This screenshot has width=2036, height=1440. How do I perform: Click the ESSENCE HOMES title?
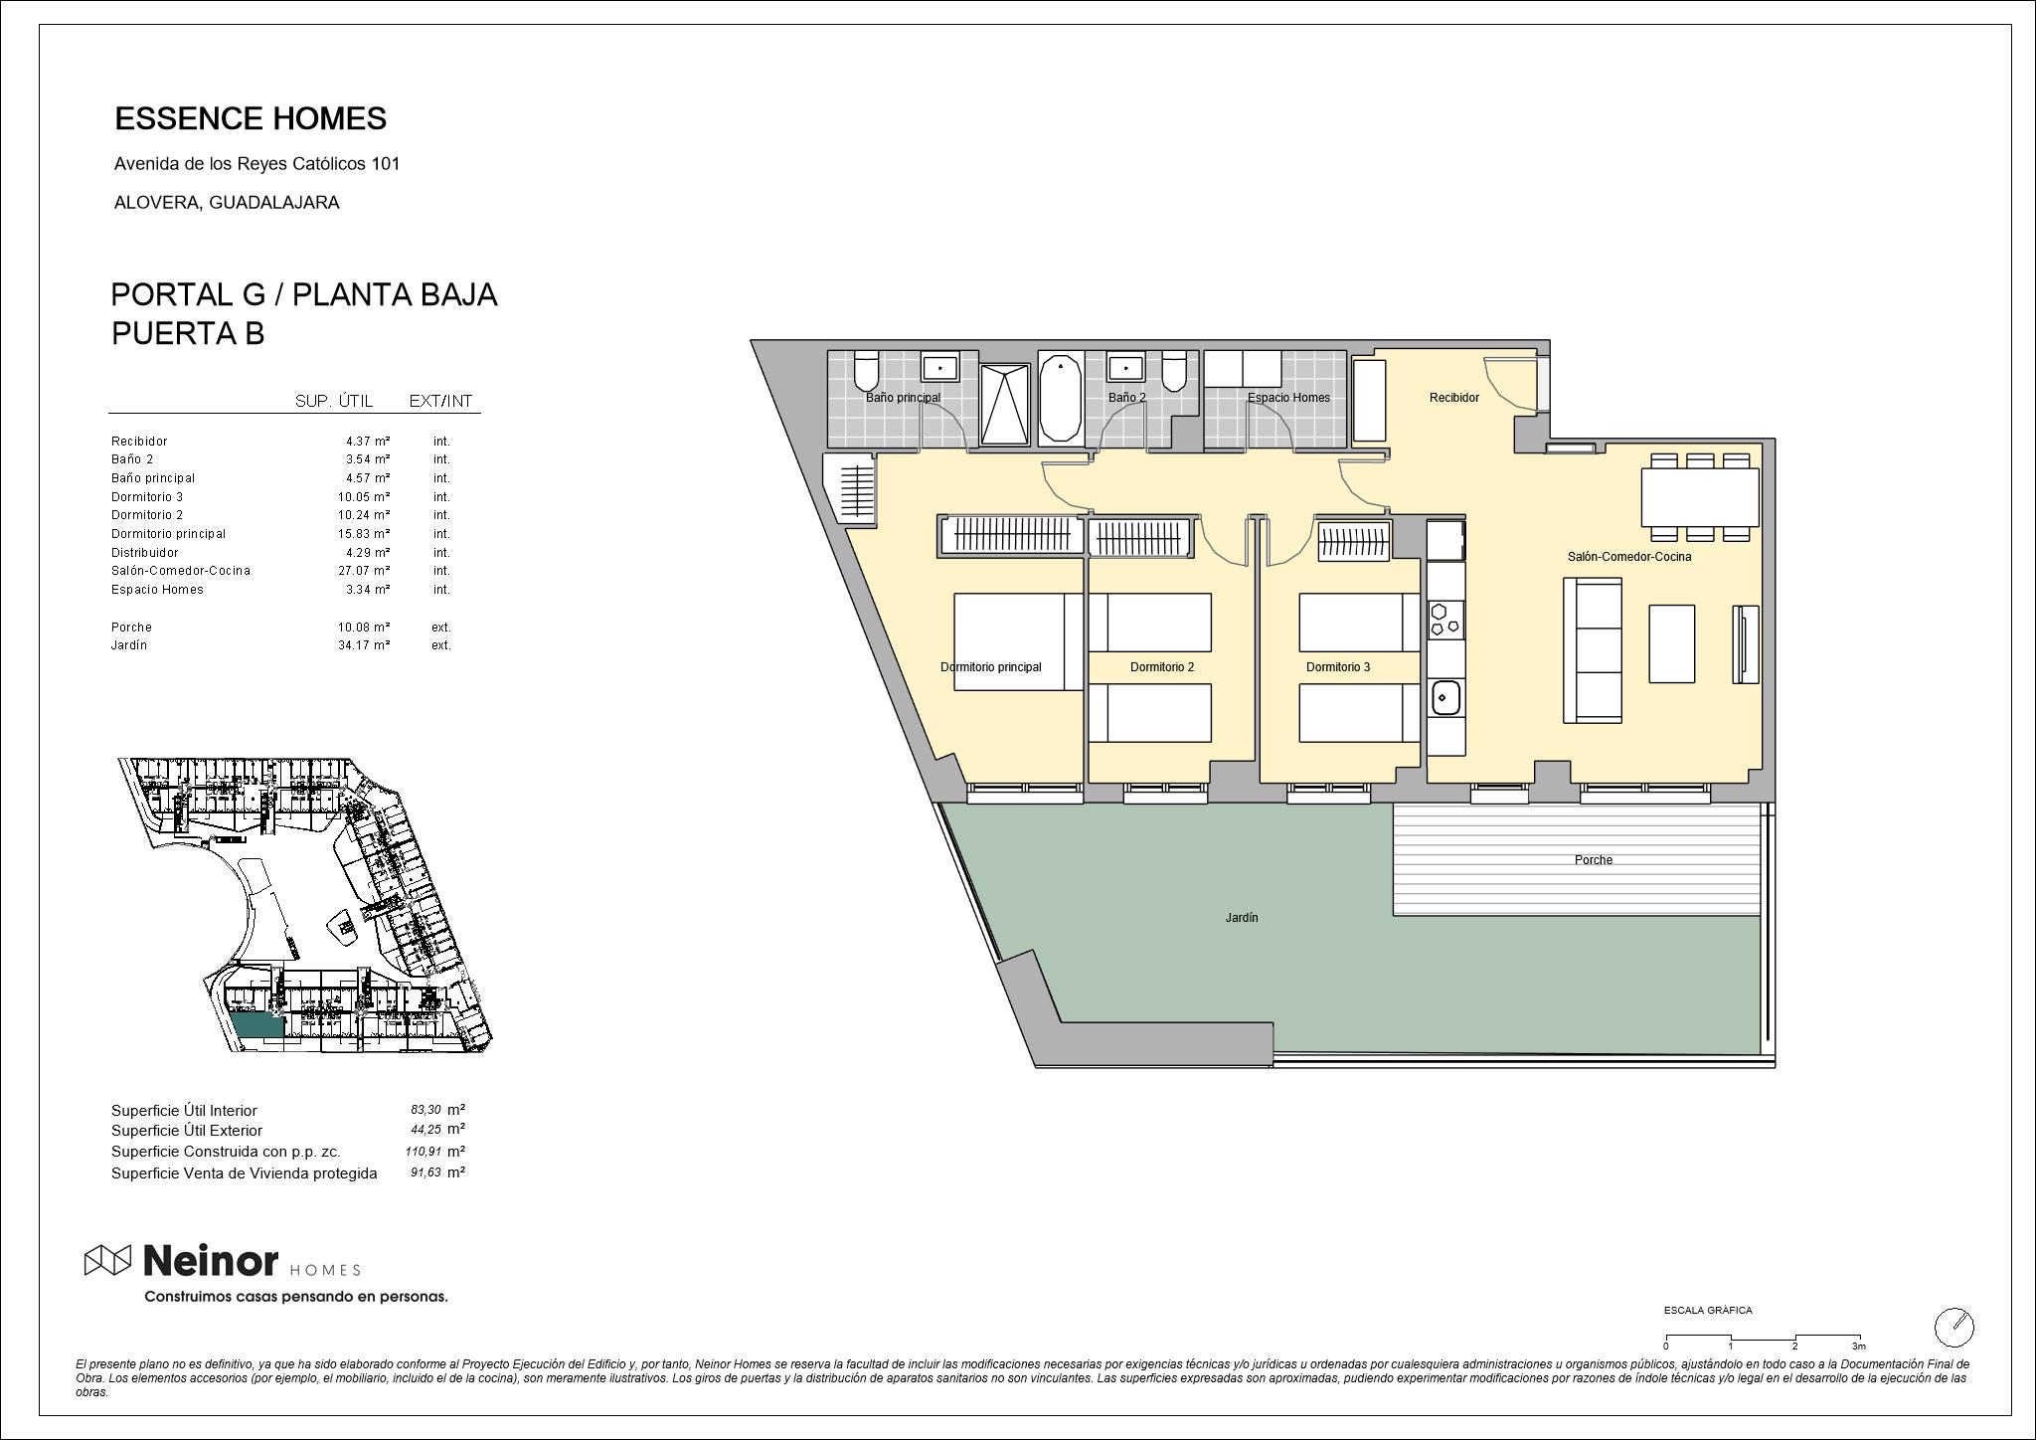point(251,118)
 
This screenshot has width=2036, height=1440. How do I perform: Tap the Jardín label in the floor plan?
point(1242,918)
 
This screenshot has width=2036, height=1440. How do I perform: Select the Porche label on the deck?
point(1594,860)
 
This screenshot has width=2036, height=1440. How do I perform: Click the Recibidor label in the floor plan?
point(1454,398)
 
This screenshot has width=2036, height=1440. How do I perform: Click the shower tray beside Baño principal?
point(1005,404)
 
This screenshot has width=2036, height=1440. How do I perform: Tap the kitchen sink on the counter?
point(1444,697)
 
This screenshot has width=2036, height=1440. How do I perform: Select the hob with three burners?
point(1444,619)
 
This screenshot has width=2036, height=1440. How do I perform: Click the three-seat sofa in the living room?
point(1593,649)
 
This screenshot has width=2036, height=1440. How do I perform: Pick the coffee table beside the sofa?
point(1672,643)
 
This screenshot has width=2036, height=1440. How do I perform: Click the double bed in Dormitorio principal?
point(1019,641)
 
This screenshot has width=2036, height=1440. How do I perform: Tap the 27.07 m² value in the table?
point(364,571)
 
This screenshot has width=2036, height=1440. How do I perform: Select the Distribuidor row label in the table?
point(145,553)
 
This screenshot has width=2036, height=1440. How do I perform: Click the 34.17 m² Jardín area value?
point(364,645)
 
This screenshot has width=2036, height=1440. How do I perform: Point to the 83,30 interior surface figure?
point(425,1110)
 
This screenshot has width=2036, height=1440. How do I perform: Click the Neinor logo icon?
point(107,1260)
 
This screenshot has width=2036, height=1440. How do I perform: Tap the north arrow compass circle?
point(1953,1327)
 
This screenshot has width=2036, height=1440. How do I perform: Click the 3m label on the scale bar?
point(1858,1347)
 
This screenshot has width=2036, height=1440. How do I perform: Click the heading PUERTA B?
point(188,333)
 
